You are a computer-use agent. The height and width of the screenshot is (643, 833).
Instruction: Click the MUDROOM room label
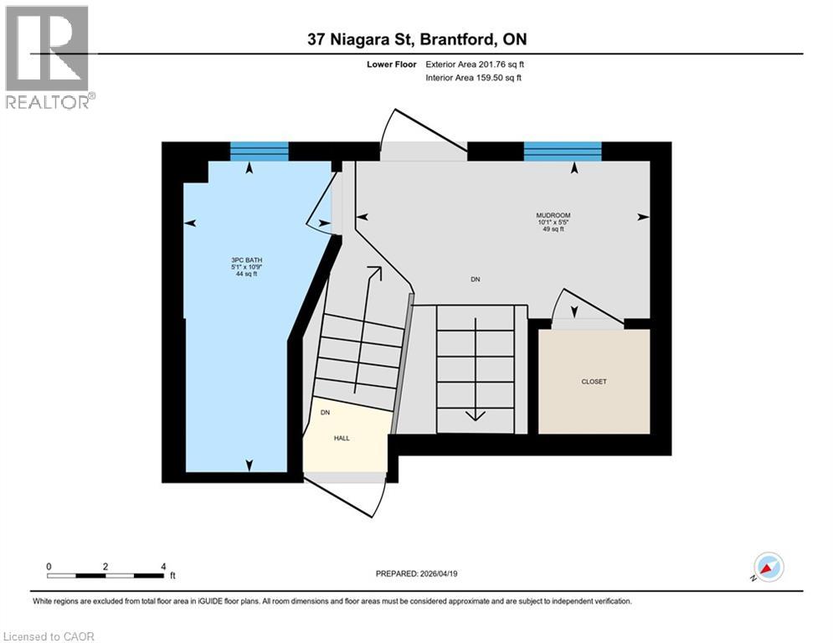click(553, 216)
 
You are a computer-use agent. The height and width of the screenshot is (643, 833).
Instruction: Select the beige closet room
click(594, 381)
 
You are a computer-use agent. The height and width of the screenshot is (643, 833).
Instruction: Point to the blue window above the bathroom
click(260, 152)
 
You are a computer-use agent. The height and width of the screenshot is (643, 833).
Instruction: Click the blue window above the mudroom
click(563, 152)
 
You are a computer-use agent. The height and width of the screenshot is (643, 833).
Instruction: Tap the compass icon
click(768, 567)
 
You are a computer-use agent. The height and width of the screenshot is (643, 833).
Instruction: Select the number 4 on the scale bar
click(162, 566)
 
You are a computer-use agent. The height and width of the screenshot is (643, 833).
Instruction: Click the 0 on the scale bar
click(49, 566)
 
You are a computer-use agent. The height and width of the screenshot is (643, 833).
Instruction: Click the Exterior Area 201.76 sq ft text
click(475, 64)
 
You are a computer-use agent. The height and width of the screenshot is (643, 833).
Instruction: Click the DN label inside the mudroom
click(476, 279)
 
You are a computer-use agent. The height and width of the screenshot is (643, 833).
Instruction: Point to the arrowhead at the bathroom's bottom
click(249, 465)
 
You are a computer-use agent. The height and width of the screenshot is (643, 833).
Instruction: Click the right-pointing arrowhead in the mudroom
click(642, 217)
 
